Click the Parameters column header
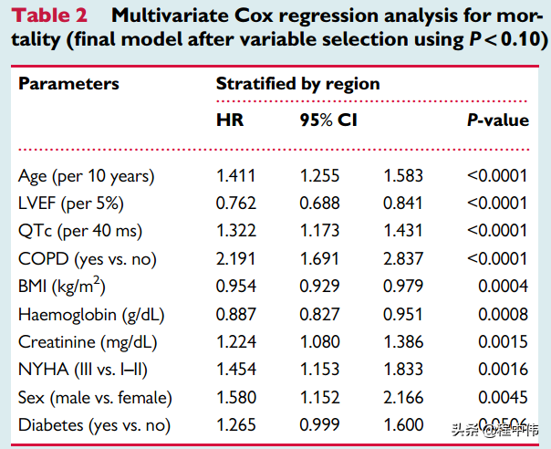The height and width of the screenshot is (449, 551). [x=69, y=84]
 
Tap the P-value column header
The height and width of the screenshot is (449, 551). [x=498, y=120]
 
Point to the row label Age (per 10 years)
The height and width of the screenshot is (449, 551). [x=87, y=175]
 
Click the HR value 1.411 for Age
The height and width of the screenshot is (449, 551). [x=235, y=175]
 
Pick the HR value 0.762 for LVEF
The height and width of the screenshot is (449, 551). [x=235, y=203]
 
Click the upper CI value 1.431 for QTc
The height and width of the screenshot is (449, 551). [x=402, y=231]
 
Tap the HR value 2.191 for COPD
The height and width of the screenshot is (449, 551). [x=235, y=258]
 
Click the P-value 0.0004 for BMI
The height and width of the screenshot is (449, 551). [x=504, y=287]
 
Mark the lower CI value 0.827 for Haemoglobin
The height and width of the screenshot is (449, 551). [x=319, y=315]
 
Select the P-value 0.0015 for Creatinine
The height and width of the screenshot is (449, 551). [x=504, y=342]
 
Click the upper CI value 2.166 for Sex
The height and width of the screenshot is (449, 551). [x=402, y=398]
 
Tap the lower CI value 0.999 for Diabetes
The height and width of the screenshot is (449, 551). [x=319, y=425]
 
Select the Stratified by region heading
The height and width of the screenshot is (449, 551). [x=297, y=84]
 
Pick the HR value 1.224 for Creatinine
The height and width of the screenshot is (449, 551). [x=235, y=342]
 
